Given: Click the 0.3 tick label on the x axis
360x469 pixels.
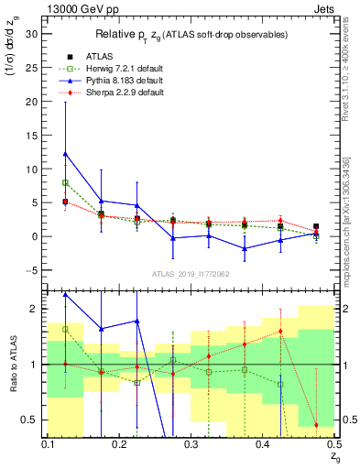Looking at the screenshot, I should pyautogui.click(x=191, y=444).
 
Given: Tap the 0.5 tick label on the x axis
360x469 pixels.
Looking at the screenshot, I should pyautogui.click(x=333, y=444).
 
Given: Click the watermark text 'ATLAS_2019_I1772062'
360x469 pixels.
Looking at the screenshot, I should pyautogui.click(x=191, y=274).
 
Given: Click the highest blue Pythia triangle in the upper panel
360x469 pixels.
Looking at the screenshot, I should pyautogui.click(x=66, y=154).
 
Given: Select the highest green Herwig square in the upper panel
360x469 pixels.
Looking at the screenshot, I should pyautogui.click(x=66, y=182).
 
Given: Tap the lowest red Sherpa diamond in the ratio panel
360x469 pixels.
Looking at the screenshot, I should pyautogui.click(x=316, y=425).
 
